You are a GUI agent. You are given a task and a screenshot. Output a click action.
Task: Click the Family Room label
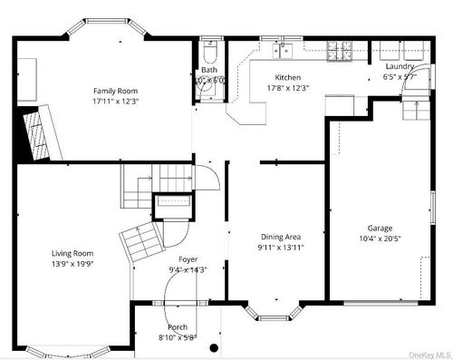click(116, 90)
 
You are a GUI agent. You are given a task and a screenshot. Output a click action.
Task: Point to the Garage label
click(380, 229)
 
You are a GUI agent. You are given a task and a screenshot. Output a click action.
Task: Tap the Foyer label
click(188, 259)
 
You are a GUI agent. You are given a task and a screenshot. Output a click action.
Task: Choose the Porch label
click(178, 327)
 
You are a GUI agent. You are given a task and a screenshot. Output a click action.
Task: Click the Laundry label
click(400, 66)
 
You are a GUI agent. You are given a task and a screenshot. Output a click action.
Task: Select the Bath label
click(209, 70)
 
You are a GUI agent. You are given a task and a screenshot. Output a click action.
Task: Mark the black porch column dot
click(214, 347)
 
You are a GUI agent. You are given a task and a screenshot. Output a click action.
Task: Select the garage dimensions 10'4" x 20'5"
click(380, 239)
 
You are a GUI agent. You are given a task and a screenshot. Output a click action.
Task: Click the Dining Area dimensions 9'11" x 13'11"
click(280, 248)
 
